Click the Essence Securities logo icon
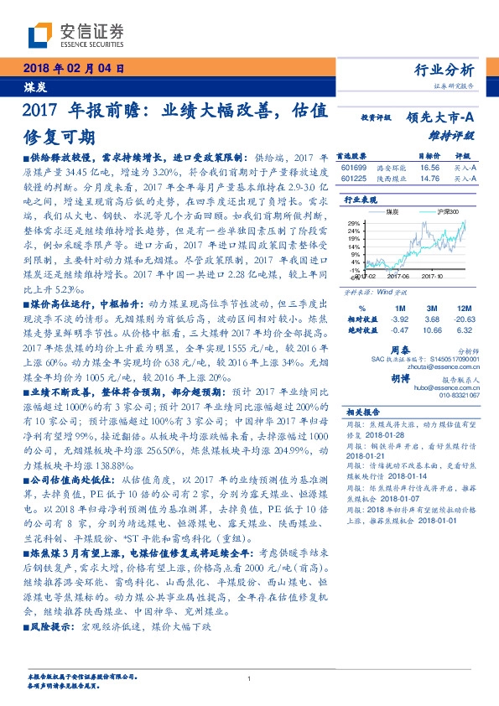[40, 36]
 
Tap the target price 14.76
[429, 178]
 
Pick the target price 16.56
[429, 168]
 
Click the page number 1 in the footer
[249, 679]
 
